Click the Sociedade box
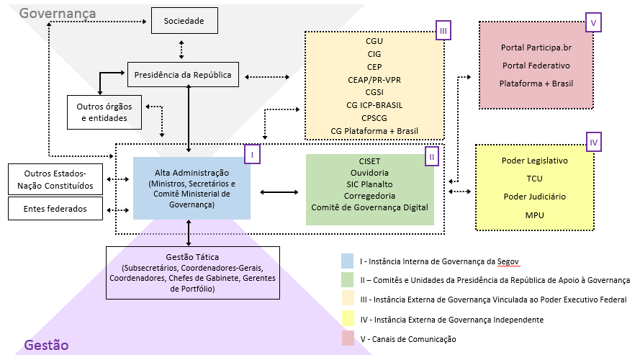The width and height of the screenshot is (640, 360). (x=184, y=21)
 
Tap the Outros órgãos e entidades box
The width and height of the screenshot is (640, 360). (x=102, y=112)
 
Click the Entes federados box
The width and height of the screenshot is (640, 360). (x=55, y=209)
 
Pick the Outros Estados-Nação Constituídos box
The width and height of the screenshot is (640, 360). (x=55, y=179)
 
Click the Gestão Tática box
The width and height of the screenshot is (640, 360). (x=188, y=272)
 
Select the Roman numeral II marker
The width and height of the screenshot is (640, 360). (x=431, y=156)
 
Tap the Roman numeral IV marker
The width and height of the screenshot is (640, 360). (x=593, y=142)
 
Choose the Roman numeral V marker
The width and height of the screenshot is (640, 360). (x=593, y=22)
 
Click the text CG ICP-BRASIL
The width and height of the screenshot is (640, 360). (x=374, y=104)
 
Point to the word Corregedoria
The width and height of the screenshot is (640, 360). (x=369, y=194)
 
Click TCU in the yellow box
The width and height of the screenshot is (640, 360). (x=534, y=179)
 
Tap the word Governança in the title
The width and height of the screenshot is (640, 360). (x=57, y=13)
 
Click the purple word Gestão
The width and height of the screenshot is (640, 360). (x=46, y=345)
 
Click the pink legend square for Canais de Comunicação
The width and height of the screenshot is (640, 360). (x=347, y=338)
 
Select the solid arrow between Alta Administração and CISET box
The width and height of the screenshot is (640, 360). (x=278, y=192)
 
